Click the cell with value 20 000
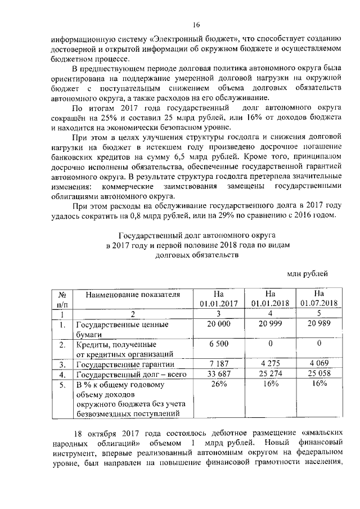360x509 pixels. tap(219, 325)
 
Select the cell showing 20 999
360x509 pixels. tap(269, 325)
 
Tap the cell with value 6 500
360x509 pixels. tap(219, 344)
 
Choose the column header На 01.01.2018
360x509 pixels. tap(269, 298)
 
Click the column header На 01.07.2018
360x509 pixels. tap(319, 298)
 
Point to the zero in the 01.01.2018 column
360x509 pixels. tap(269, 344)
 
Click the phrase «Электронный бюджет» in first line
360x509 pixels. tap(193, 39)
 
